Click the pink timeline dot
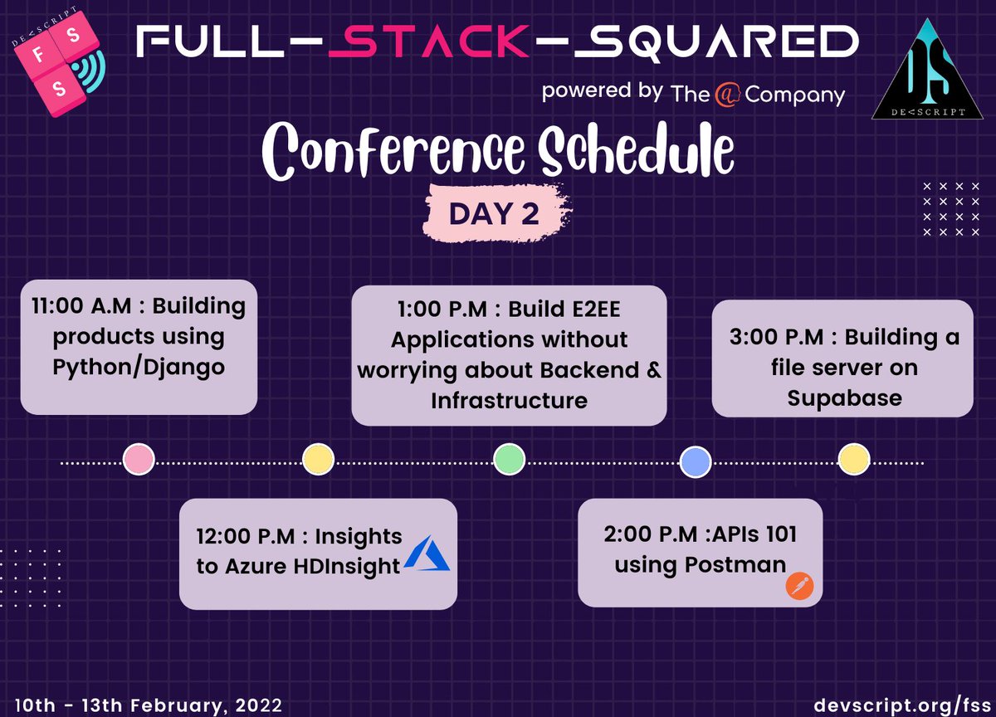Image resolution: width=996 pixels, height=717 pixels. [139, 459]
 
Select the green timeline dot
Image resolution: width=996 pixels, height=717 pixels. [509, 459]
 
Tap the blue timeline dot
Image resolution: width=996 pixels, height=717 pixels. [696, 461]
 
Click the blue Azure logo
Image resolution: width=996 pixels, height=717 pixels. [427, 553]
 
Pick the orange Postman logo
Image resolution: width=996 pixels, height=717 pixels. [799, 586]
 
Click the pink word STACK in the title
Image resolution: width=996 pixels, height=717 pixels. [428, 41]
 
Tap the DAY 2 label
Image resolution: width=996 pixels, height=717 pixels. [494, 214]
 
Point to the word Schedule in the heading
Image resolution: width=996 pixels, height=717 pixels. [636, 149]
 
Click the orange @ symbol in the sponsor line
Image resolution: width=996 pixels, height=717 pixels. [726, 95]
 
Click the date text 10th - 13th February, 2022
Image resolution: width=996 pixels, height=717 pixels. [149, 705]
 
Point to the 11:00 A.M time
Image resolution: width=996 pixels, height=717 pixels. [82, 306]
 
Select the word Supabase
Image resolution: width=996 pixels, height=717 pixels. [844, 398]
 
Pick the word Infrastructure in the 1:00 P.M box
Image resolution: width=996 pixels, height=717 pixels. [509, 401]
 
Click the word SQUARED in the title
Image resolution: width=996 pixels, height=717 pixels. [716, 42]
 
